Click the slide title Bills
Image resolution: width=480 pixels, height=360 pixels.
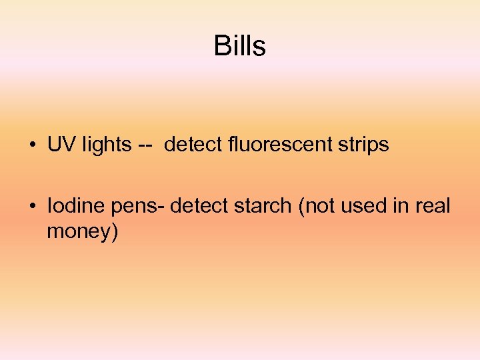[240, 46]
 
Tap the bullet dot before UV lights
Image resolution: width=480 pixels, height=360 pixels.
[33, 145]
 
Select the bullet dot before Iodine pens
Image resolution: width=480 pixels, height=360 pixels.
[33, 206]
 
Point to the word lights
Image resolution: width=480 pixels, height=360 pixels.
[107, 145]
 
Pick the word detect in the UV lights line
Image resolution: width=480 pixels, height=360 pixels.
[189, 145]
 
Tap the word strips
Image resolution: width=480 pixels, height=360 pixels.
[363, 145]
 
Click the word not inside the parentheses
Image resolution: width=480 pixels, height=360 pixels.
[318, 206]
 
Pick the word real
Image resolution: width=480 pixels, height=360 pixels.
[433, 206]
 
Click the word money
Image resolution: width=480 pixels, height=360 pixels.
[78, 233]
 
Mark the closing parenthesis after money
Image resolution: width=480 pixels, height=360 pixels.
[114, 233]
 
